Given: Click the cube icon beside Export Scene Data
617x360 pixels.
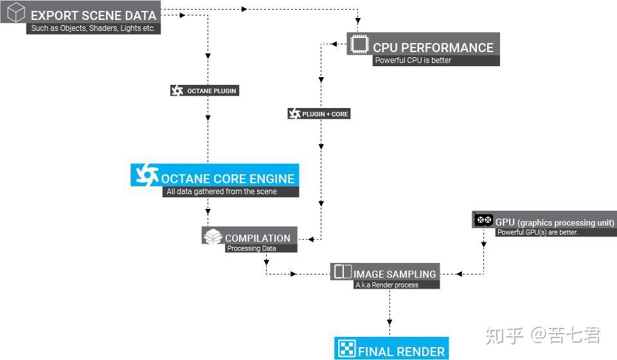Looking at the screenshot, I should pyautogui.click(x=15, y=13).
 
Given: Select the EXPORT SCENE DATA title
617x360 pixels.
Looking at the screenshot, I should pyautogui.click(x=93, y=15).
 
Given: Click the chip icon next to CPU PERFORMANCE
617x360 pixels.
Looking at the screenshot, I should pyautogui.click(x=359, y=45).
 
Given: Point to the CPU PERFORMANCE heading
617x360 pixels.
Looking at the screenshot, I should pyautogui.click(x=433, y=48).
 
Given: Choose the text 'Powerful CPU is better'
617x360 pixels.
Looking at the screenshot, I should pyautogui.click(x=413, y=60).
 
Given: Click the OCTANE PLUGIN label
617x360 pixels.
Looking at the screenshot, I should pyautogui.click(x=211, y=91).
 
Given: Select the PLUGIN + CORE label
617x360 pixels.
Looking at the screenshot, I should pyautogui.click(x=325, y=114).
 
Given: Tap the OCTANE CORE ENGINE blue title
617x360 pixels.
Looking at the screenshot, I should pyautogui.click(x=228, y=179).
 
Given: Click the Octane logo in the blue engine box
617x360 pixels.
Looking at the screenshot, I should pyautogui.click(x=146, y=174).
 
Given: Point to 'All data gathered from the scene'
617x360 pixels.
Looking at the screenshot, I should pyautogui.click(x=222, y=192).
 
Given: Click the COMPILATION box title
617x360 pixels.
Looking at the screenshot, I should pyautogui.click(x=257, y=238).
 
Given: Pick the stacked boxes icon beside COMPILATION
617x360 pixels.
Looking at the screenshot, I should pyautogui.click(x=213, y=237).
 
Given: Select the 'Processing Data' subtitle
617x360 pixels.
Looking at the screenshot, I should pyautogui.click(x=251, y=248).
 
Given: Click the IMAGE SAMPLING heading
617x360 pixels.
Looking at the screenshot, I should pyautogui.click(x=394, y=274).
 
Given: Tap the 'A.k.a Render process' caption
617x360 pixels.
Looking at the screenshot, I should pyautogui.click(x=387, y=285).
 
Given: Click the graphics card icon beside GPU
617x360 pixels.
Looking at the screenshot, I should pyautogui.click(x=483, y=221).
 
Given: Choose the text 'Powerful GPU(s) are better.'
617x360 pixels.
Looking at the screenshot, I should pyautogui.click(x=538, y=232).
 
